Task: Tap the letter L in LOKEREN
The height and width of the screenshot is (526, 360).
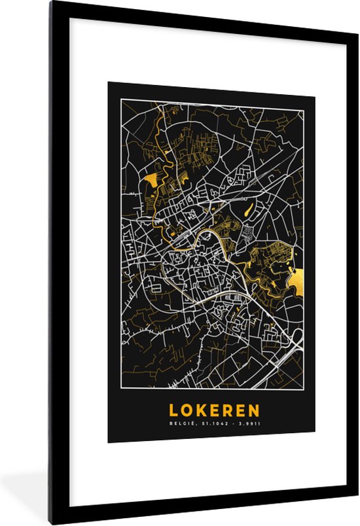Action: [x=174, y=410]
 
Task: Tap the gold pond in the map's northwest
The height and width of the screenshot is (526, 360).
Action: [x=151, y=179]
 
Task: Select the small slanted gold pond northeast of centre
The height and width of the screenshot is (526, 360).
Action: [x=247, y=209]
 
